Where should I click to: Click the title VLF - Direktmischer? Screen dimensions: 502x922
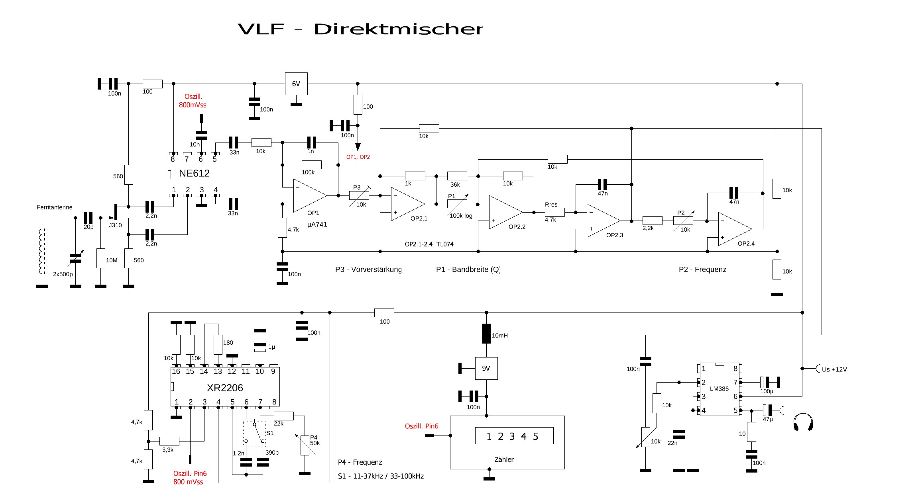coord(360,29)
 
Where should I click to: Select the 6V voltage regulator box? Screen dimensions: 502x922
coord(296,84)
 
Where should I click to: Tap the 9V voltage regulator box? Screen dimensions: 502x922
coord(486,368)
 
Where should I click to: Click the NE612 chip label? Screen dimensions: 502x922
coord(194,173)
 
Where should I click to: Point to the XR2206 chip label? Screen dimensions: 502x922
coord(225,388)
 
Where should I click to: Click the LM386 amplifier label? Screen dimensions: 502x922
coord(719,389)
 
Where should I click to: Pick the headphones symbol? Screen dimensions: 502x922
coord(803,422)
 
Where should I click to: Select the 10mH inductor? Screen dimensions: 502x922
coord(486,334)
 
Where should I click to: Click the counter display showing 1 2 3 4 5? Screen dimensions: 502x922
coord(514,436)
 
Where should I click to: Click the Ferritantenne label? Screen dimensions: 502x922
coord(55,207)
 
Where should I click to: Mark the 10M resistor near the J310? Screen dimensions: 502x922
coord(100,258)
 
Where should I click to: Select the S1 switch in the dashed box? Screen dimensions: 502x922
coord(255,434)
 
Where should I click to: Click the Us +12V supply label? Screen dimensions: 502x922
coord(834,369)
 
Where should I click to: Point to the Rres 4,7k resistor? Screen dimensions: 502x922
coord(554,212)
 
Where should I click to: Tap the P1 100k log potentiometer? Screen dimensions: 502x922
coord(457,204)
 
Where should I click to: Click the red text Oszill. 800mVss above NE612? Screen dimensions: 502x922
coord(193,101)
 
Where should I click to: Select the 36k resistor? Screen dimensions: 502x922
coord(457,176)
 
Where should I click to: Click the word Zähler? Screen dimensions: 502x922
coord(504,459)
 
